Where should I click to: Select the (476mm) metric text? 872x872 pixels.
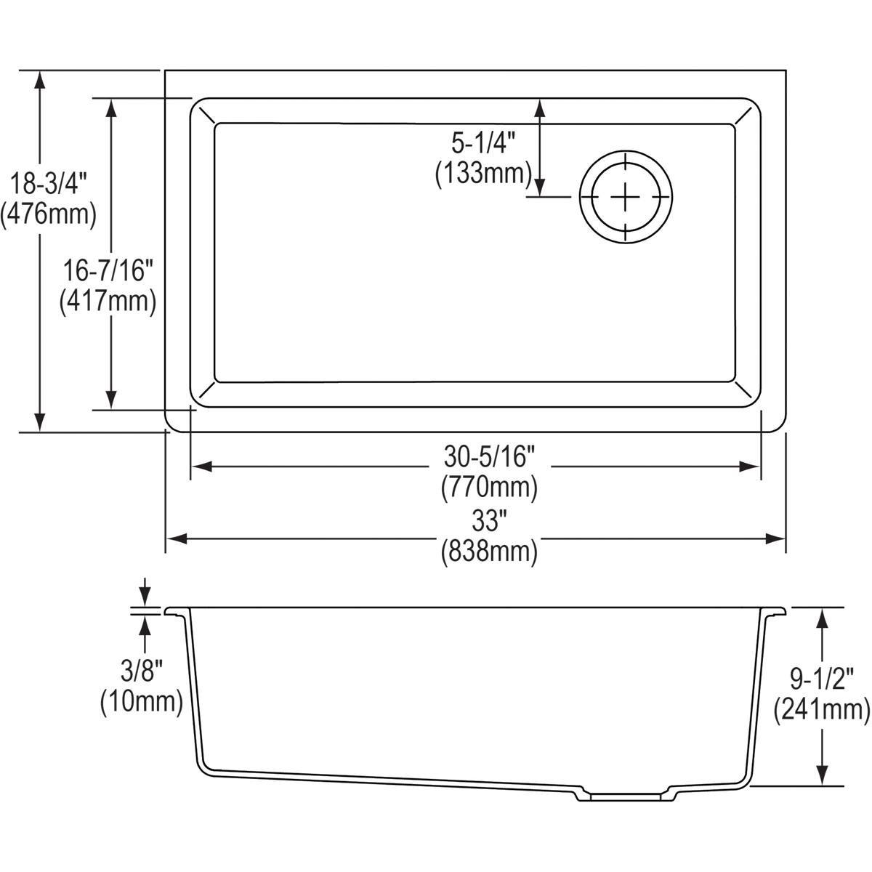[x=48, y=214]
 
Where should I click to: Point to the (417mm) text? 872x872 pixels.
[x=108, y=301]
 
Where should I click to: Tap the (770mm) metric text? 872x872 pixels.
[x=489, y=486]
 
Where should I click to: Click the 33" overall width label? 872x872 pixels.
[x=489, y=521]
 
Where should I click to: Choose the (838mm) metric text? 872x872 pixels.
[x=489, y=552]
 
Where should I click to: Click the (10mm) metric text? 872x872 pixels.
[x=140, y=701]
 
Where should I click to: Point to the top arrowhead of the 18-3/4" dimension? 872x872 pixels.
[x=41, y=81]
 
